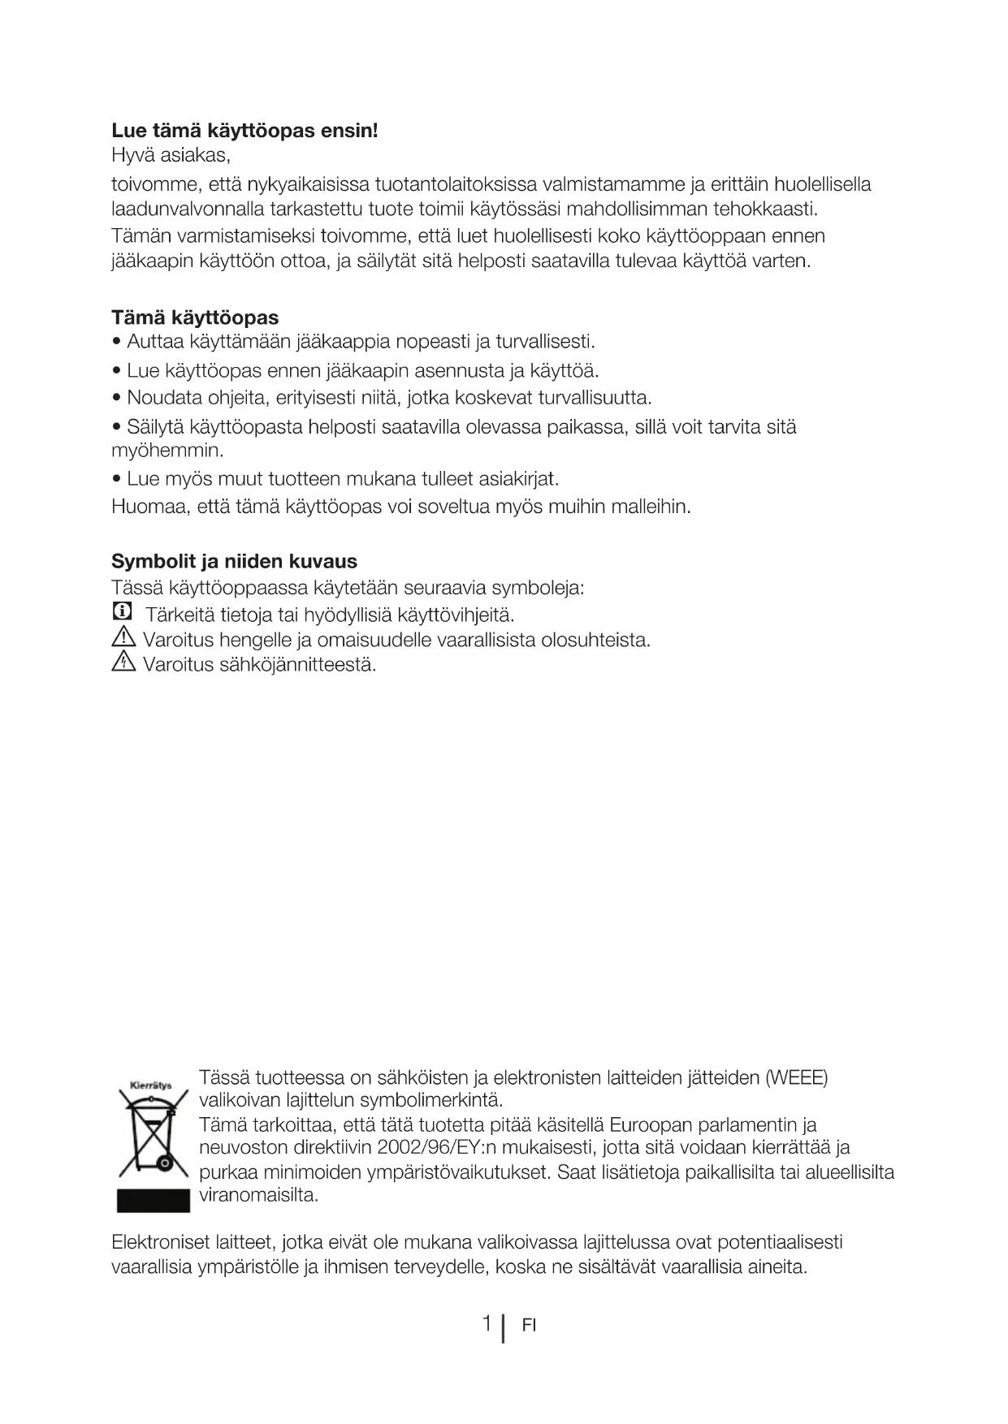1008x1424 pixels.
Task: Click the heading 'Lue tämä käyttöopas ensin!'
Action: tap(244, 131)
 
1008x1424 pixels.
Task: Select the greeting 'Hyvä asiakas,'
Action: tap(171, 154)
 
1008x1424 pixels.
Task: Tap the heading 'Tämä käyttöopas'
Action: tap(195, 317)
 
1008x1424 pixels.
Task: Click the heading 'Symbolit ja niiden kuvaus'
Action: tap(234, 561)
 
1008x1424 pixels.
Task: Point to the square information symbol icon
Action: tap(121, 611)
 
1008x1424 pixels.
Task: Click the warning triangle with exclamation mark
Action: tap(121, 638)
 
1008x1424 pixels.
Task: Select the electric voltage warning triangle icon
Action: tap(121, 663)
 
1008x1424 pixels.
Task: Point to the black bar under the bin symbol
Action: tap(153, 1201)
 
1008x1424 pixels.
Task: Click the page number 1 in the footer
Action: tap(487, 1323)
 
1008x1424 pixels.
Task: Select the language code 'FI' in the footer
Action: tap(529, 1326)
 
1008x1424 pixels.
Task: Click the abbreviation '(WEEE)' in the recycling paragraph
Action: tap(797, 1078)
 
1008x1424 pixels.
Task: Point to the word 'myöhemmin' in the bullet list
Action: tap(167, 450)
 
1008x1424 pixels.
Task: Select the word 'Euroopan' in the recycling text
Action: tap(647, 1125)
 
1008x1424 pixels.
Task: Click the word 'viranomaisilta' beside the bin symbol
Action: tap(258, 1195)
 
